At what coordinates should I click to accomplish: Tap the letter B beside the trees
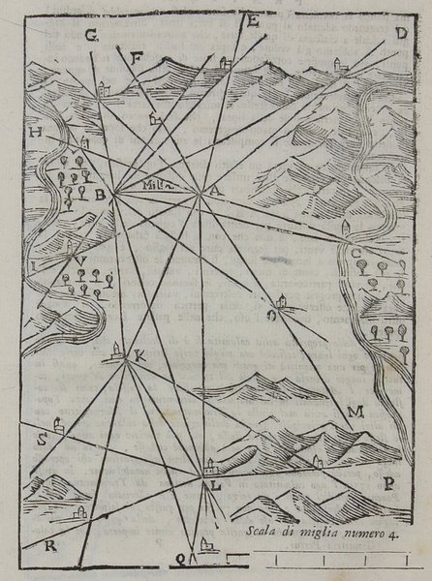[x=100, y=193]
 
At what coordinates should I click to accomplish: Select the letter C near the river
[x=356, y=254]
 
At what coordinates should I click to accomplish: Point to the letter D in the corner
[x=399, y=32]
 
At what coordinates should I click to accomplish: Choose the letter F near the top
[x=137, y=58]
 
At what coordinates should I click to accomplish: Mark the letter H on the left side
[x=36, y=132]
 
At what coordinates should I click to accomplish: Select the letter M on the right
[x=355, y=413]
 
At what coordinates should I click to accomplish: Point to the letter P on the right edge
[x=388, y=483]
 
